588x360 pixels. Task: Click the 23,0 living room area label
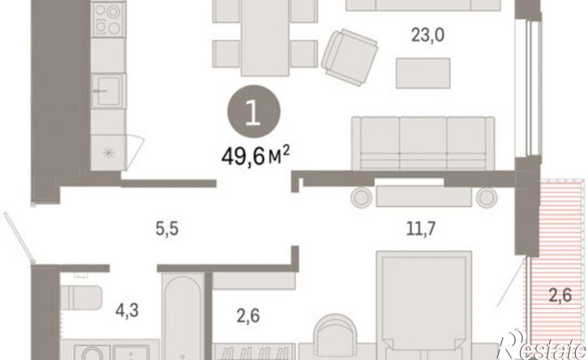428,36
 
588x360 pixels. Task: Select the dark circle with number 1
254,111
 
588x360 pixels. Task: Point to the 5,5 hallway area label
167,229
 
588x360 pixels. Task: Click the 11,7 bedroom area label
421,228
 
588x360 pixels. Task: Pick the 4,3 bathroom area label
127,311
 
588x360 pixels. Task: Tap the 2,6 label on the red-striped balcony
560,295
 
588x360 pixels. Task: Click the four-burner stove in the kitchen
108,19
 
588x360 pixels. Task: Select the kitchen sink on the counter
108,91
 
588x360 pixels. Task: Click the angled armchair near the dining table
350,58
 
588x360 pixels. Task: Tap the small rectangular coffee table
423,73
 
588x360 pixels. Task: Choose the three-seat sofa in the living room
423,144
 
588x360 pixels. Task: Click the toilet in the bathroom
81,297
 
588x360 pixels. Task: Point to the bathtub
184,315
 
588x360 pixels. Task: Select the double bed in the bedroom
423,306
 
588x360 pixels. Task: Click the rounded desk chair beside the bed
334,335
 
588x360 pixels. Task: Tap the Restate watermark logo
543,345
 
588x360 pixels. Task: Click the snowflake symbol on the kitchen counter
108,152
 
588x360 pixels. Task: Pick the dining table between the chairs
265,38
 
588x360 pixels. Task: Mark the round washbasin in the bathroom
92,353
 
